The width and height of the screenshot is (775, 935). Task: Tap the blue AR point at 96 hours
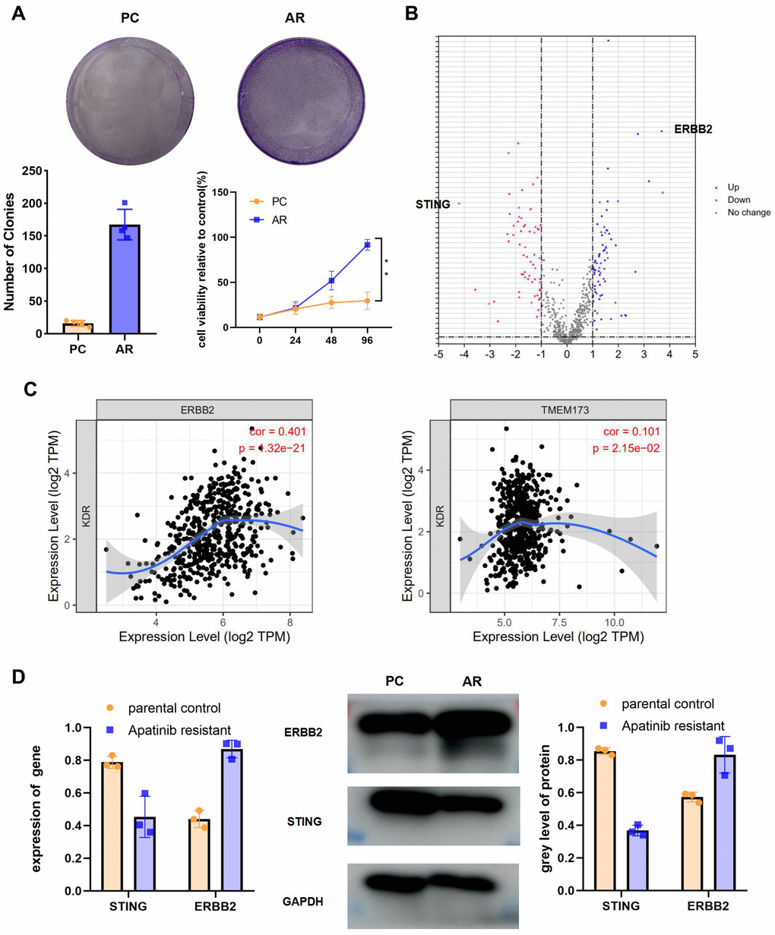[367, 245]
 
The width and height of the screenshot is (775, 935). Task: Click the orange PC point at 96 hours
[367, 301]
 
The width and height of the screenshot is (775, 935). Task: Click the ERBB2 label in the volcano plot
[693, 130]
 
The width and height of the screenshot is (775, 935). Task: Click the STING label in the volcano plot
[433, 204]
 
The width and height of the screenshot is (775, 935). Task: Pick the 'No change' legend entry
[748, 213]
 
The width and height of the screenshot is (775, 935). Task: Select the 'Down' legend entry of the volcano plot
[739, 200]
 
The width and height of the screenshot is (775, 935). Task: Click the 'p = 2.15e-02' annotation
[626, 449]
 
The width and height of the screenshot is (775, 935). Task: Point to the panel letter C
[30, 390]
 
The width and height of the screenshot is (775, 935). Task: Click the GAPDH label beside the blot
[304, 902]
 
